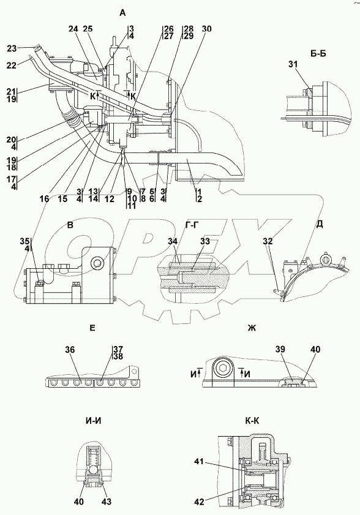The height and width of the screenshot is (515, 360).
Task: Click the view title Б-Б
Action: point(318,53)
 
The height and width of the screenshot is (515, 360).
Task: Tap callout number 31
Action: point(293,65)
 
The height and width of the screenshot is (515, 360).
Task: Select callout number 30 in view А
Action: point(206,29)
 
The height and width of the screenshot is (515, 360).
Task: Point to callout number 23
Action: point(12,48)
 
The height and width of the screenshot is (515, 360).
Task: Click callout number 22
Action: point(12,66)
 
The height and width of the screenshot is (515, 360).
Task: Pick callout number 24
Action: point(73,29)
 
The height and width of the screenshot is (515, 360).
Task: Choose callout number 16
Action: point(45,198)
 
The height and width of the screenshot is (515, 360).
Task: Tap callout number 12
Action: point(110,198)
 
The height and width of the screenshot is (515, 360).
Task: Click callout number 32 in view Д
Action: point(268,241)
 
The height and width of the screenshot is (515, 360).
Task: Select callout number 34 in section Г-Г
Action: point(173,241)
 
